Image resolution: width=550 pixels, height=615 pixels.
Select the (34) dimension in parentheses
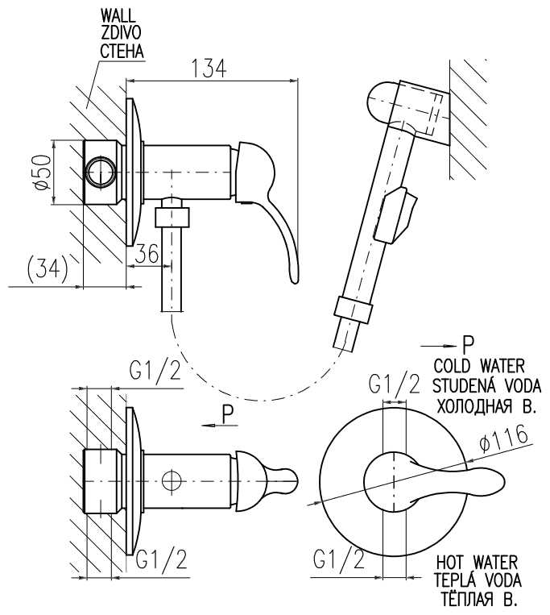click(x=46, y=268)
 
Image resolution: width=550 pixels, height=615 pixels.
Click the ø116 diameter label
click(x=503, y=440)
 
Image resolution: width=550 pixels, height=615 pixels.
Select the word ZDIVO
click(x=121, y=34)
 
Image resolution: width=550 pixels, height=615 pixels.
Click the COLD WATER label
click(x=478, y=364)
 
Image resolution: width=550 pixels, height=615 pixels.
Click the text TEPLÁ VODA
click(x=478, y=580)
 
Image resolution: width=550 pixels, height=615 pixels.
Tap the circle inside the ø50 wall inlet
click(x=101, y=172)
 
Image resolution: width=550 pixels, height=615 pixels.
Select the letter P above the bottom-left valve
click(x=228, y=413)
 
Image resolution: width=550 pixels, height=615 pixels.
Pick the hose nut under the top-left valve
click(x=172, y=216)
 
